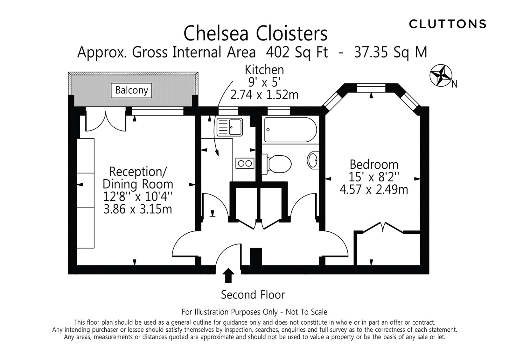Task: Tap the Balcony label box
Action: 131,90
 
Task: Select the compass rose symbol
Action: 441,75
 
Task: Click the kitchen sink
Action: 229,127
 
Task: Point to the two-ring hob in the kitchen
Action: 245,163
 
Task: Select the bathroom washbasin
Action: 313,160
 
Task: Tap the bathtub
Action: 290,130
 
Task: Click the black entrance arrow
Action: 228,275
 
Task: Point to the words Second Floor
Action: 253,295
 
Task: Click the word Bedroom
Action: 374,164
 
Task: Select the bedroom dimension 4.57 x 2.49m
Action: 374,189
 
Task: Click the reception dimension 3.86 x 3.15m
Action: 138,209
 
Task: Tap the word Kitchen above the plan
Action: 264,70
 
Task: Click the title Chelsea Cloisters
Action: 255,33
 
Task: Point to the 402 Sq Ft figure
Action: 297,52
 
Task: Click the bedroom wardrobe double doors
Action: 383,227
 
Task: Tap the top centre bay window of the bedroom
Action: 371,88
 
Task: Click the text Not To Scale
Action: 306,312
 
